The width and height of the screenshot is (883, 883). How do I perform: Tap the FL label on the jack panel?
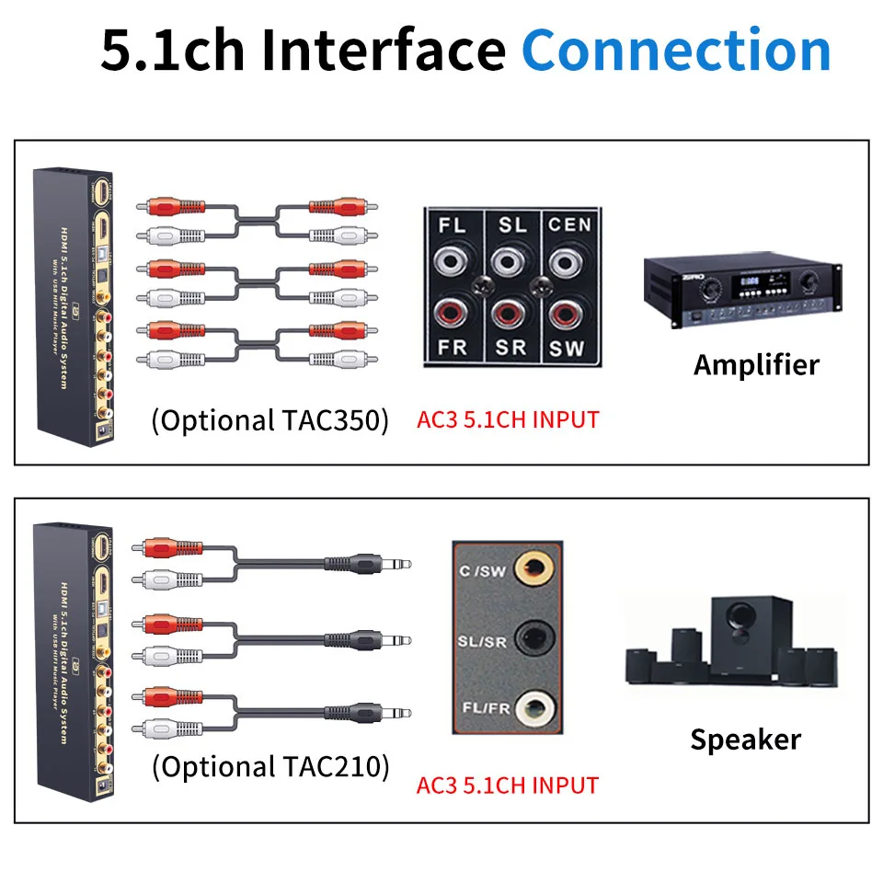[453, 224]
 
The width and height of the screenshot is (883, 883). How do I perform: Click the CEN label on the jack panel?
[569, 224]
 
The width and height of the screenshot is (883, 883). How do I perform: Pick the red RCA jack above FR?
[453, 313]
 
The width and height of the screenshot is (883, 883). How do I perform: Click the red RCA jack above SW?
[568, 313]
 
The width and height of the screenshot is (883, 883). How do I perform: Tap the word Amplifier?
[755, 365]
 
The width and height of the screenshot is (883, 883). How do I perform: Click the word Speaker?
[745, 740]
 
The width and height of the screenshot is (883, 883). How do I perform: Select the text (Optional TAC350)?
[269, 420]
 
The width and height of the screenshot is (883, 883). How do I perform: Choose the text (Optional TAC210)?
[269, 766]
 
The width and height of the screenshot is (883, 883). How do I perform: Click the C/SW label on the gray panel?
[482, 570]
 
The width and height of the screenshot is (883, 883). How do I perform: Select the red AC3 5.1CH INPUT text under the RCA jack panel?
[508, 420]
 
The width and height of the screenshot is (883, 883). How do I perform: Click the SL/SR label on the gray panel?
[483, 639]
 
